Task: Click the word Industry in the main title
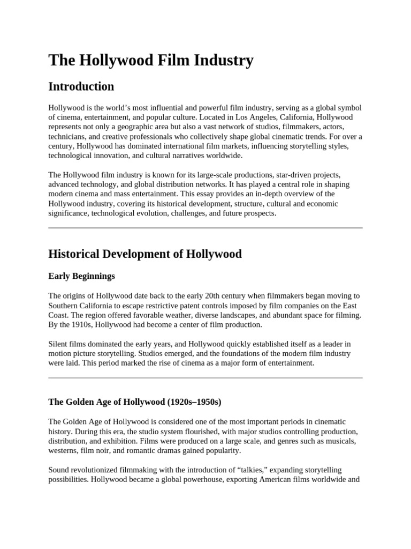tap(222, 61)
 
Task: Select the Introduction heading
tap(81, 86)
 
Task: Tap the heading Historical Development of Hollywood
tap(144, 254)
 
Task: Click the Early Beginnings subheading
tap(81, 276)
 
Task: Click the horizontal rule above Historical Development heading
tap(205, 228)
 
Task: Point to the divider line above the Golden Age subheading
tap(205, 378)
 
